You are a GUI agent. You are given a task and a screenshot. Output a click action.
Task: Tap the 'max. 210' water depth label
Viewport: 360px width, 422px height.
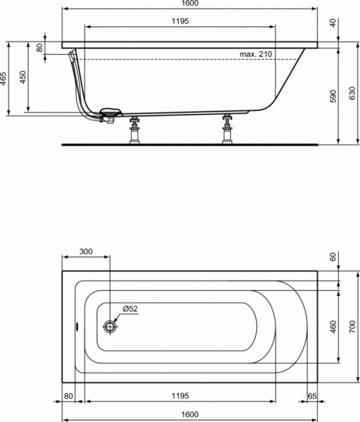(256, 55)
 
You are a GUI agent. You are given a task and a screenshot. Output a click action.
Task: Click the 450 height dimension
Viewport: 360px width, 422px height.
(23, 78)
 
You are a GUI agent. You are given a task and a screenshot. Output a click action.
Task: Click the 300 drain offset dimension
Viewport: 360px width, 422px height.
(86, 252)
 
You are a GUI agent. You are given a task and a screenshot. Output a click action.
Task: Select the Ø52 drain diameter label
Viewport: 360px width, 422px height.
(130, 309)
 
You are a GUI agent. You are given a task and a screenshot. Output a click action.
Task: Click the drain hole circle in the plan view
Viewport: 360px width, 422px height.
(110, 327)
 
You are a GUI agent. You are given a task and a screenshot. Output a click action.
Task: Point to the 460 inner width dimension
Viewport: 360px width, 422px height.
(333, 327)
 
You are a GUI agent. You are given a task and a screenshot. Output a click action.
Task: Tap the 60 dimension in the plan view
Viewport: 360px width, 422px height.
(333, 257)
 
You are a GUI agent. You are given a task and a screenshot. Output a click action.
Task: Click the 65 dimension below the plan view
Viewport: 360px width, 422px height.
(312, 396)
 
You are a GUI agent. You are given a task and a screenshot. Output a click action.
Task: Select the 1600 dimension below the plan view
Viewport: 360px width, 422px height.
(189, 414)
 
